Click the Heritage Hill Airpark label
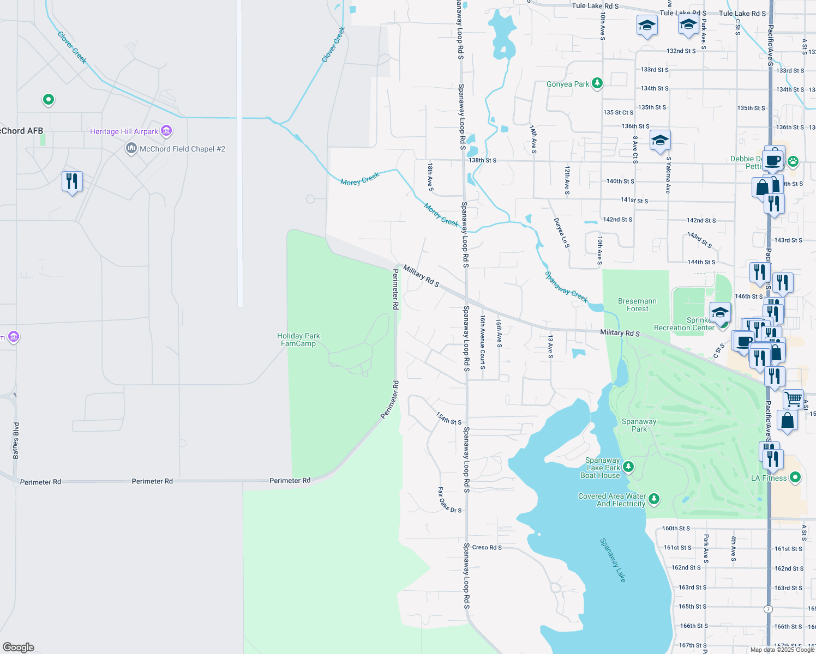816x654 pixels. click(x=124, y=131)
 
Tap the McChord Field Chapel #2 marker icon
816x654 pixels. click(x=131, y=148)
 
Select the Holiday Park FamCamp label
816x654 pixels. click(x=298, y=340)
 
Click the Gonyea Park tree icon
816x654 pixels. click(x=597, y=83)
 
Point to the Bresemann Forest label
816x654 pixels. click(x=637, y=305)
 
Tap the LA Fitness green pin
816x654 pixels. click(x=795, y=477)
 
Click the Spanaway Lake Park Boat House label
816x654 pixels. click(x=601, y=468)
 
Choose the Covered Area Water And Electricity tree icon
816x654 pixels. click(x=654, y=499)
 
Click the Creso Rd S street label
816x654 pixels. click(x=487, y=547)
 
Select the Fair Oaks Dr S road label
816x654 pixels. click(x=449, y=500)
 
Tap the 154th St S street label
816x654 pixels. click(x=448, y=419)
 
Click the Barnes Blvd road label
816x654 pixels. click(x=16, y=440)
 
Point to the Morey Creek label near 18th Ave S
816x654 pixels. click(x=441, y=215)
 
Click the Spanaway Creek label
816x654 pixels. click(x=567, y=287)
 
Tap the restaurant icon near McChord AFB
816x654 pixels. click(x=72, y=181)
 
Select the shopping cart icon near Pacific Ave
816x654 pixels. click(x=793, y=399)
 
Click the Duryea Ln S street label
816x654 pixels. click(x=561, y=233)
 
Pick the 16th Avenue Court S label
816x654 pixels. click(x=483, y=342)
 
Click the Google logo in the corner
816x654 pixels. click(x=19, y=647)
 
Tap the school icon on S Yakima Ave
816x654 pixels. click(x=660, y=141)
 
